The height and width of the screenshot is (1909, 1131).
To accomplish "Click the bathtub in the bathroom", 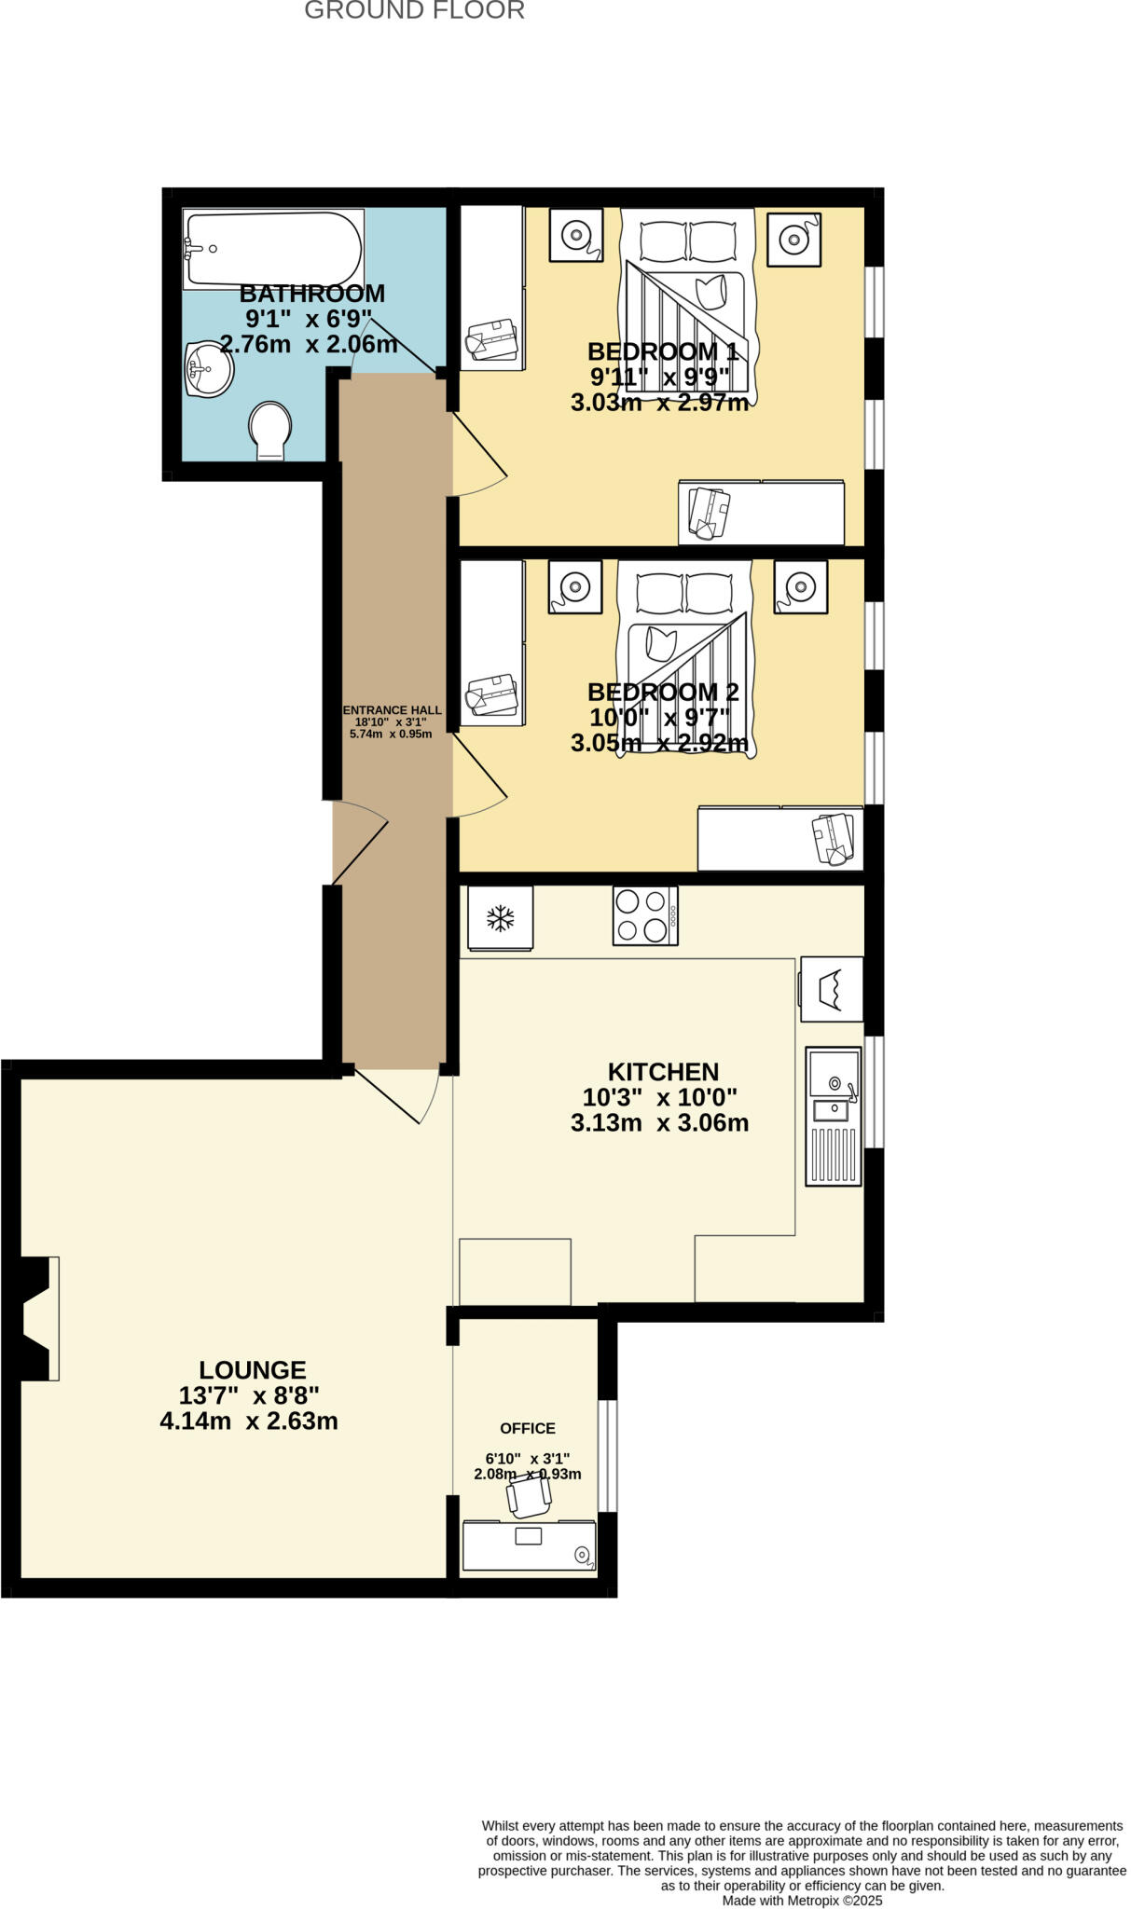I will pos(272,249).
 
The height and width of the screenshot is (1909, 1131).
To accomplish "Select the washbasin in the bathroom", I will pos(209,370).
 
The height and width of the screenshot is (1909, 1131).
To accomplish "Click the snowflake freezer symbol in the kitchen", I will pos(501,918).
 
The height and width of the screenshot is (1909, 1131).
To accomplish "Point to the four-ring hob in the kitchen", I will pos(644,915).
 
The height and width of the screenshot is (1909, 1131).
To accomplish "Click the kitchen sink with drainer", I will pos(833,1116).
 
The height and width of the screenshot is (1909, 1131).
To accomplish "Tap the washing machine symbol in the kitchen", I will pos(831,988).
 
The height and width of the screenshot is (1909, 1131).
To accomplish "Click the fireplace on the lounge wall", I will pos(37,1318).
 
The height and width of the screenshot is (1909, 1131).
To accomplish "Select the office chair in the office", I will pos(529,1496).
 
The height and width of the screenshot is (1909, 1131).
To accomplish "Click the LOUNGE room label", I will pos(252,1369).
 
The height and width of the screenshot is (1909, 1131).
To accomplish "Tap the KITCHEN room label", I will pos(663,1071).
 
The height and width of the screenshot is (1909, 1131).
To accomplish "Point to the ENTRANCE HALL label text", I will pos(392,710).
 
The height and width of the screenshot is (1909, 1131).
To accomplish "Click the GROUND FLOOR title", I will pos(414,11).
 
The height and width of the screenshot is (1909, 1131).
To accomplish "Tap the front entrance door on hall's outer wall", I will pos(360,844).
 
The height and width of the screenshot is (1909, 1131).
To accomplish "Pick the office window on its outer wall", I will pos(607,1454).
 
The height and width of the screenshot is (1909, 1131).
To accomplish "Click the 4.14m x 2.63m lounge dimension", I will pos(248,1421).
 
